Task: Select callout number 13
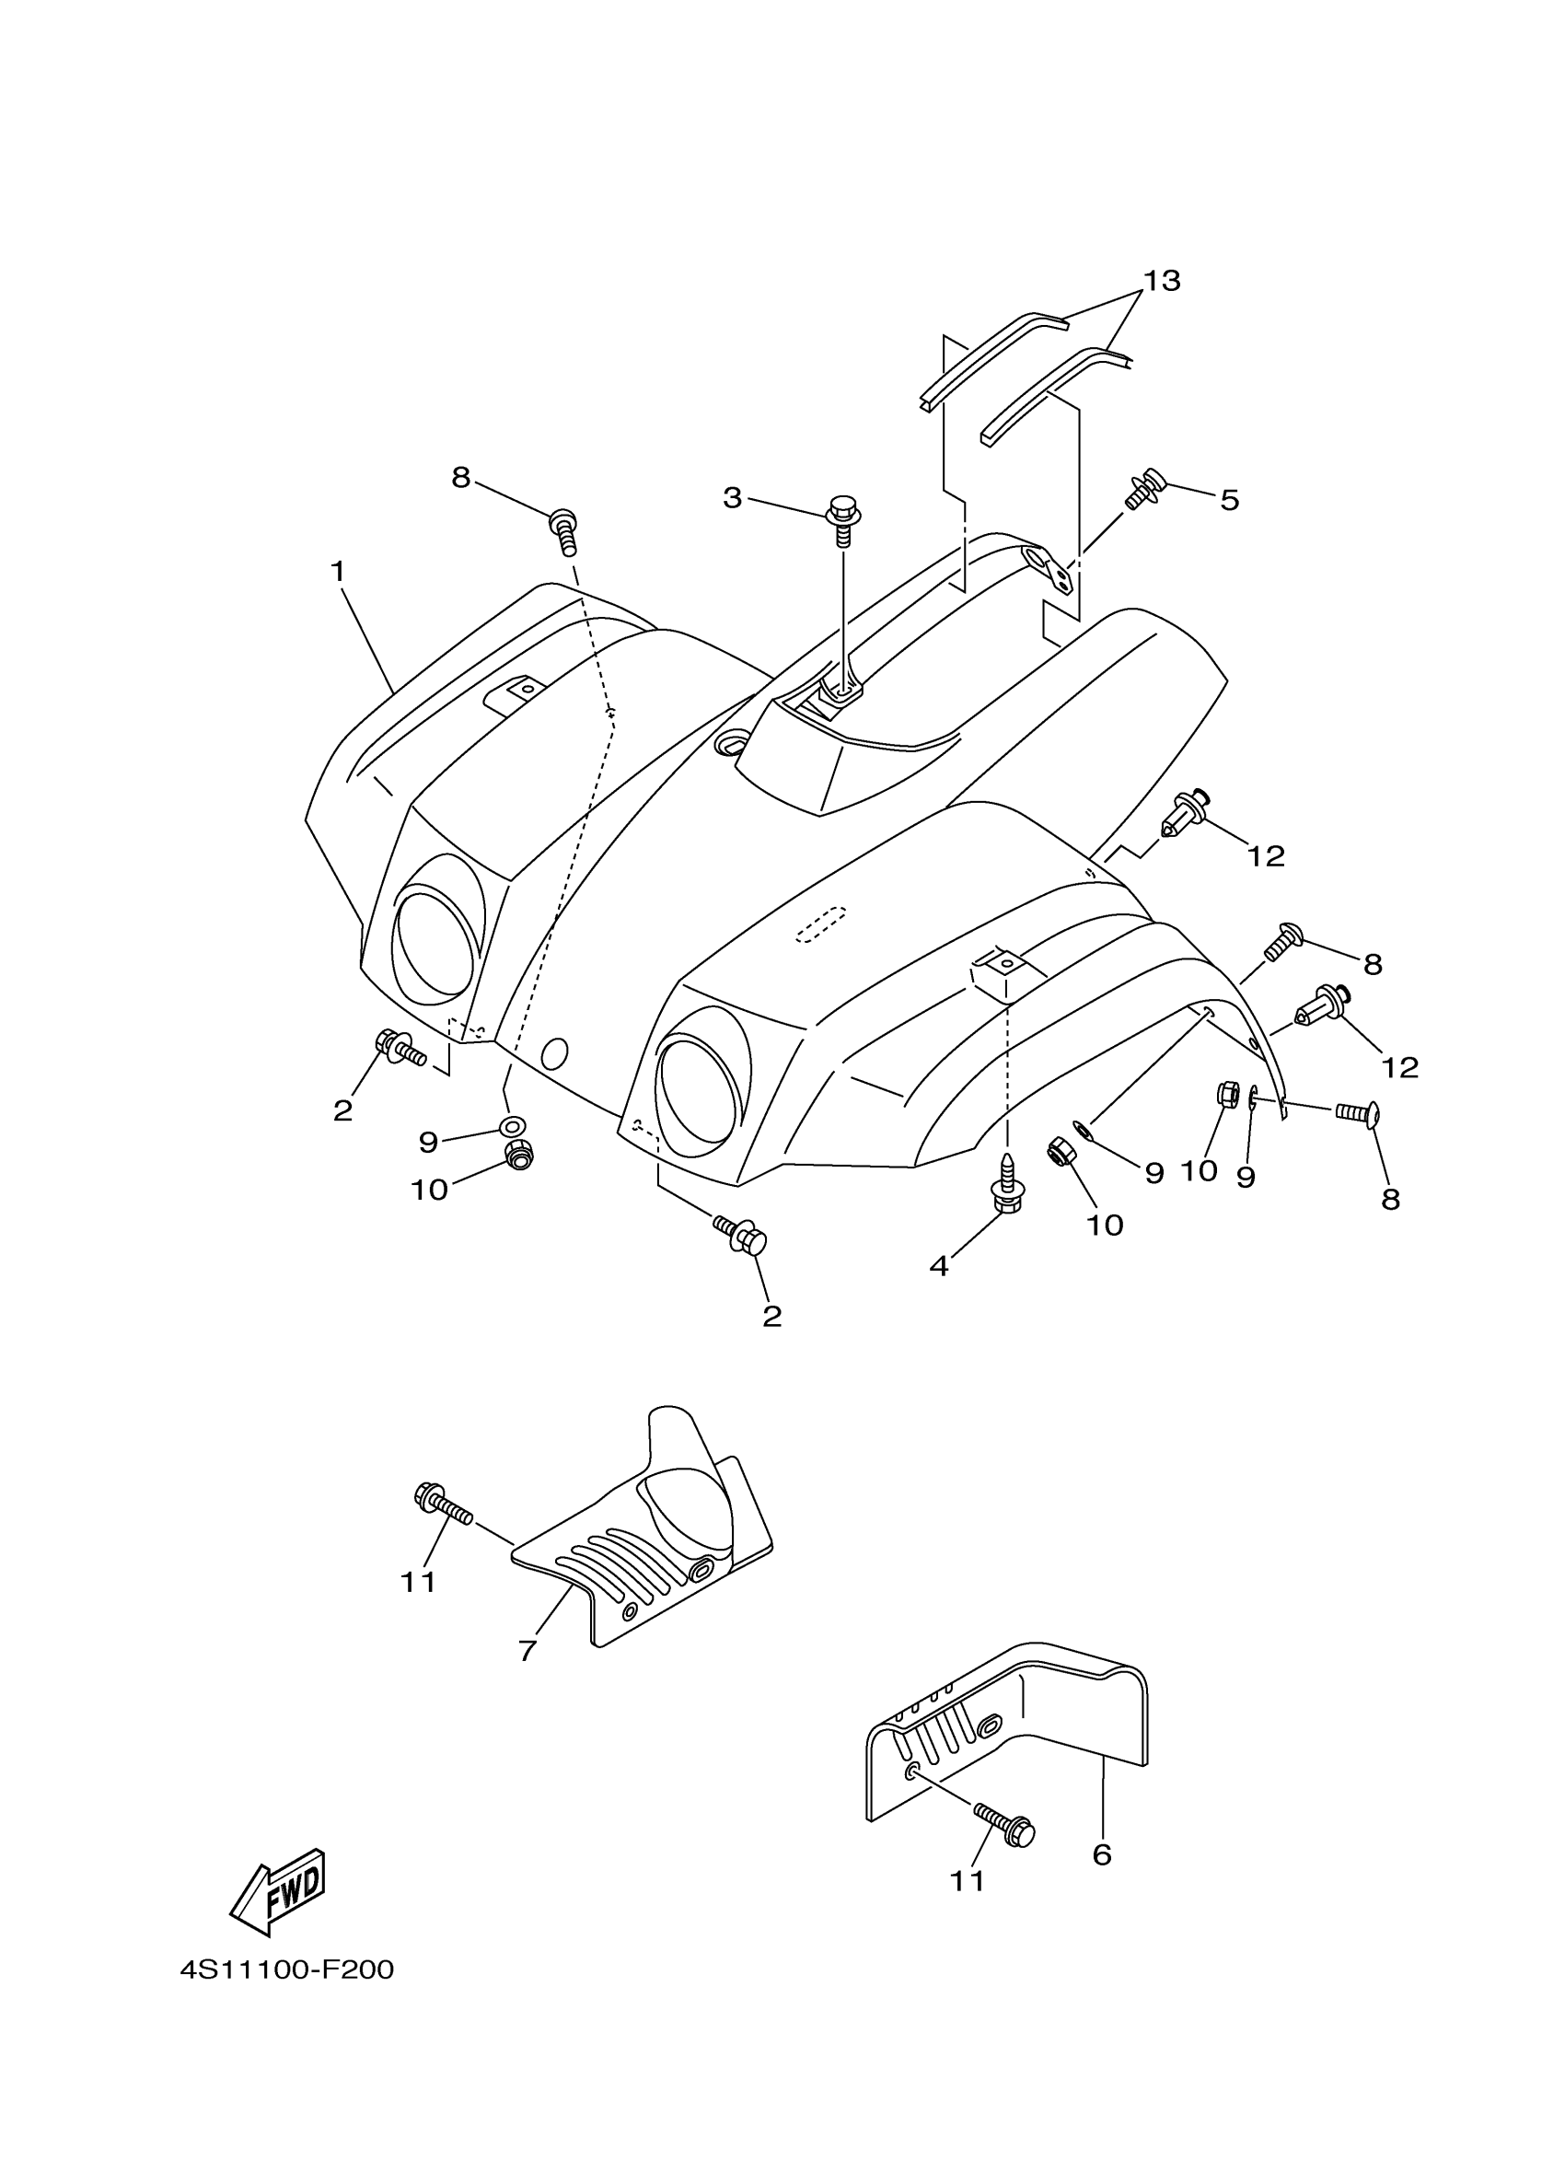(1161, 280)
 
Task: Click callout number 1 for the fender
(337, 572)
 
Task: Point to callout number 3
(732, 497)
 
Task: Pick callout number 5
(1229, 500)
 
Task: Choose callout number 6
(1102, 1854)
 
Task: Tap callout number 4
(939, 1266)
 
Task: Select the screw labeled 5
(1146, 489)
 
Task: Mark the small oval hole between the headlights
(553, 1052)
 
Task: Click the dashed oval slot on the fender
(821, 923)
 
